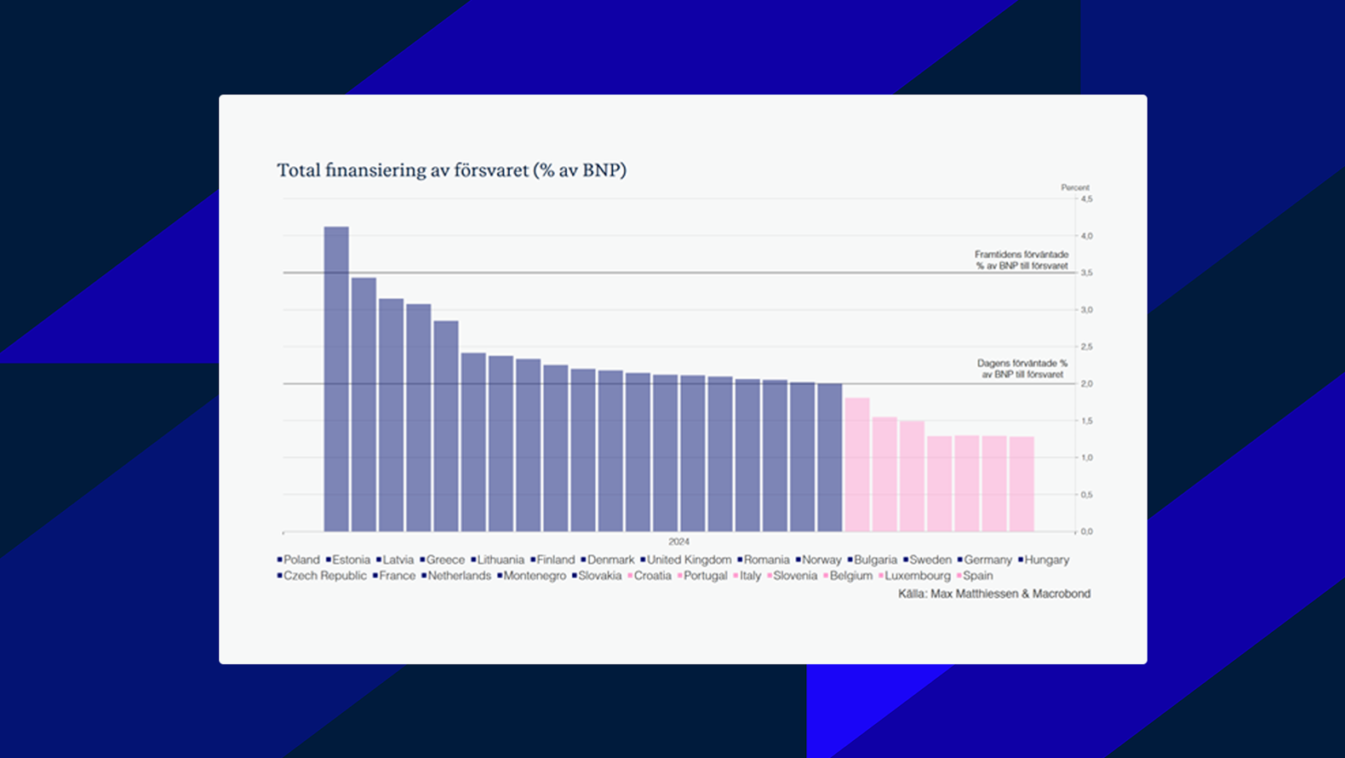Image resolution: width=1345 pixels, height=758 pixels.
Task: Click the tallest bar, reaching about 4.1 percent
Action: [x=336, y=379]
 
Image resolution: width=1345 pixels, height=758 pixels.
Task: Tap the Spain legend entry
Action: [x=977, y=576]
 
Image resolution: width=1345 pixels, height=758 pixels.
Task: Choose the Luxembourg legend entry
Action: [x=917, y=576]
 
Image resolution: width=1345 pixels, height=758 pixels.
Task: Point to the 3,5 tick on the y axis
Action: [x=1086, y=273]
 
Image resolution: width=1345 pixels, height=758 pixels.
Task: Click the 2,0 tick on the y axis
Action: [x=1086, y=384]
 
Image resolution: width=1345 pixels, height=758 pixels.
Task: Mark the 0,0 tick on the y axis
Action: [x=1086, y=531]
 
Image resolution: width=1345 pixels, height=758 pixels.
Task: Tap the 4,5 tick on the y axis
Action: [x=1086, y=199]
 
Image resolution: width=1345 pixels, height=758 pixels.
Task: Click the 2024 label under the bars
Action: [x=678, y=542]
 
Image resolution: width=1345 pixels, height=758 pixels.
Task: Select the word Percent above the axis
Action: [x=1074, y=187]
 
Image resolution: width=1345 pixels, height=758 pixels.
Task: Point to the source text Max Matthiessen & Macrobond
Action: [x=1010, y=594]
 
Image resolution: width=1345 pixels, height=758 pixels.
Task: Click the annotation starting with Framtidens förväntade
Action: [x=1022, y=260]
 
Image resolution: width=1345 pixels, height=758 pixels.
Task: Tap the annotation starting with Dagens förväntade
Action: [x=1022, y=369]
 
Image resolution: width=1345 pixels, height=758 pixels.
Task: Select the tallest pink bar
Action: [x=857, y=465]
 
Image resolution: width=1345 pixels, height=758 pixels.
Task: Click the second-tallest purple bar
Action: [x=363, y=405]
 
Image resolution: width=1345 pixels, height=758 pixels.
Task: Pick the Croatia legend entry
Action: [x=652, y=576]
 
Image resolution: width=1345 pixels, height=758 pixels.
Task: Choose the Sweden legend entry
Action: [x=930, y=560]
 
